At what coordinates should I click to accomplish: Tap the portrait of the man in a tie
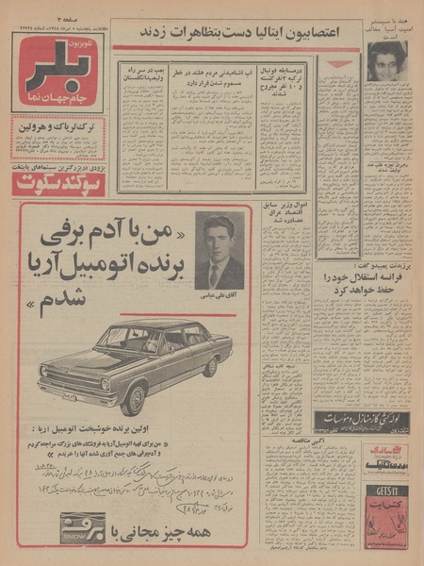(219, 250)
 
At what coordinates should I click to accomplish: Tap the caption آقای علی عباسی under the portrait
(219, 297)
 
